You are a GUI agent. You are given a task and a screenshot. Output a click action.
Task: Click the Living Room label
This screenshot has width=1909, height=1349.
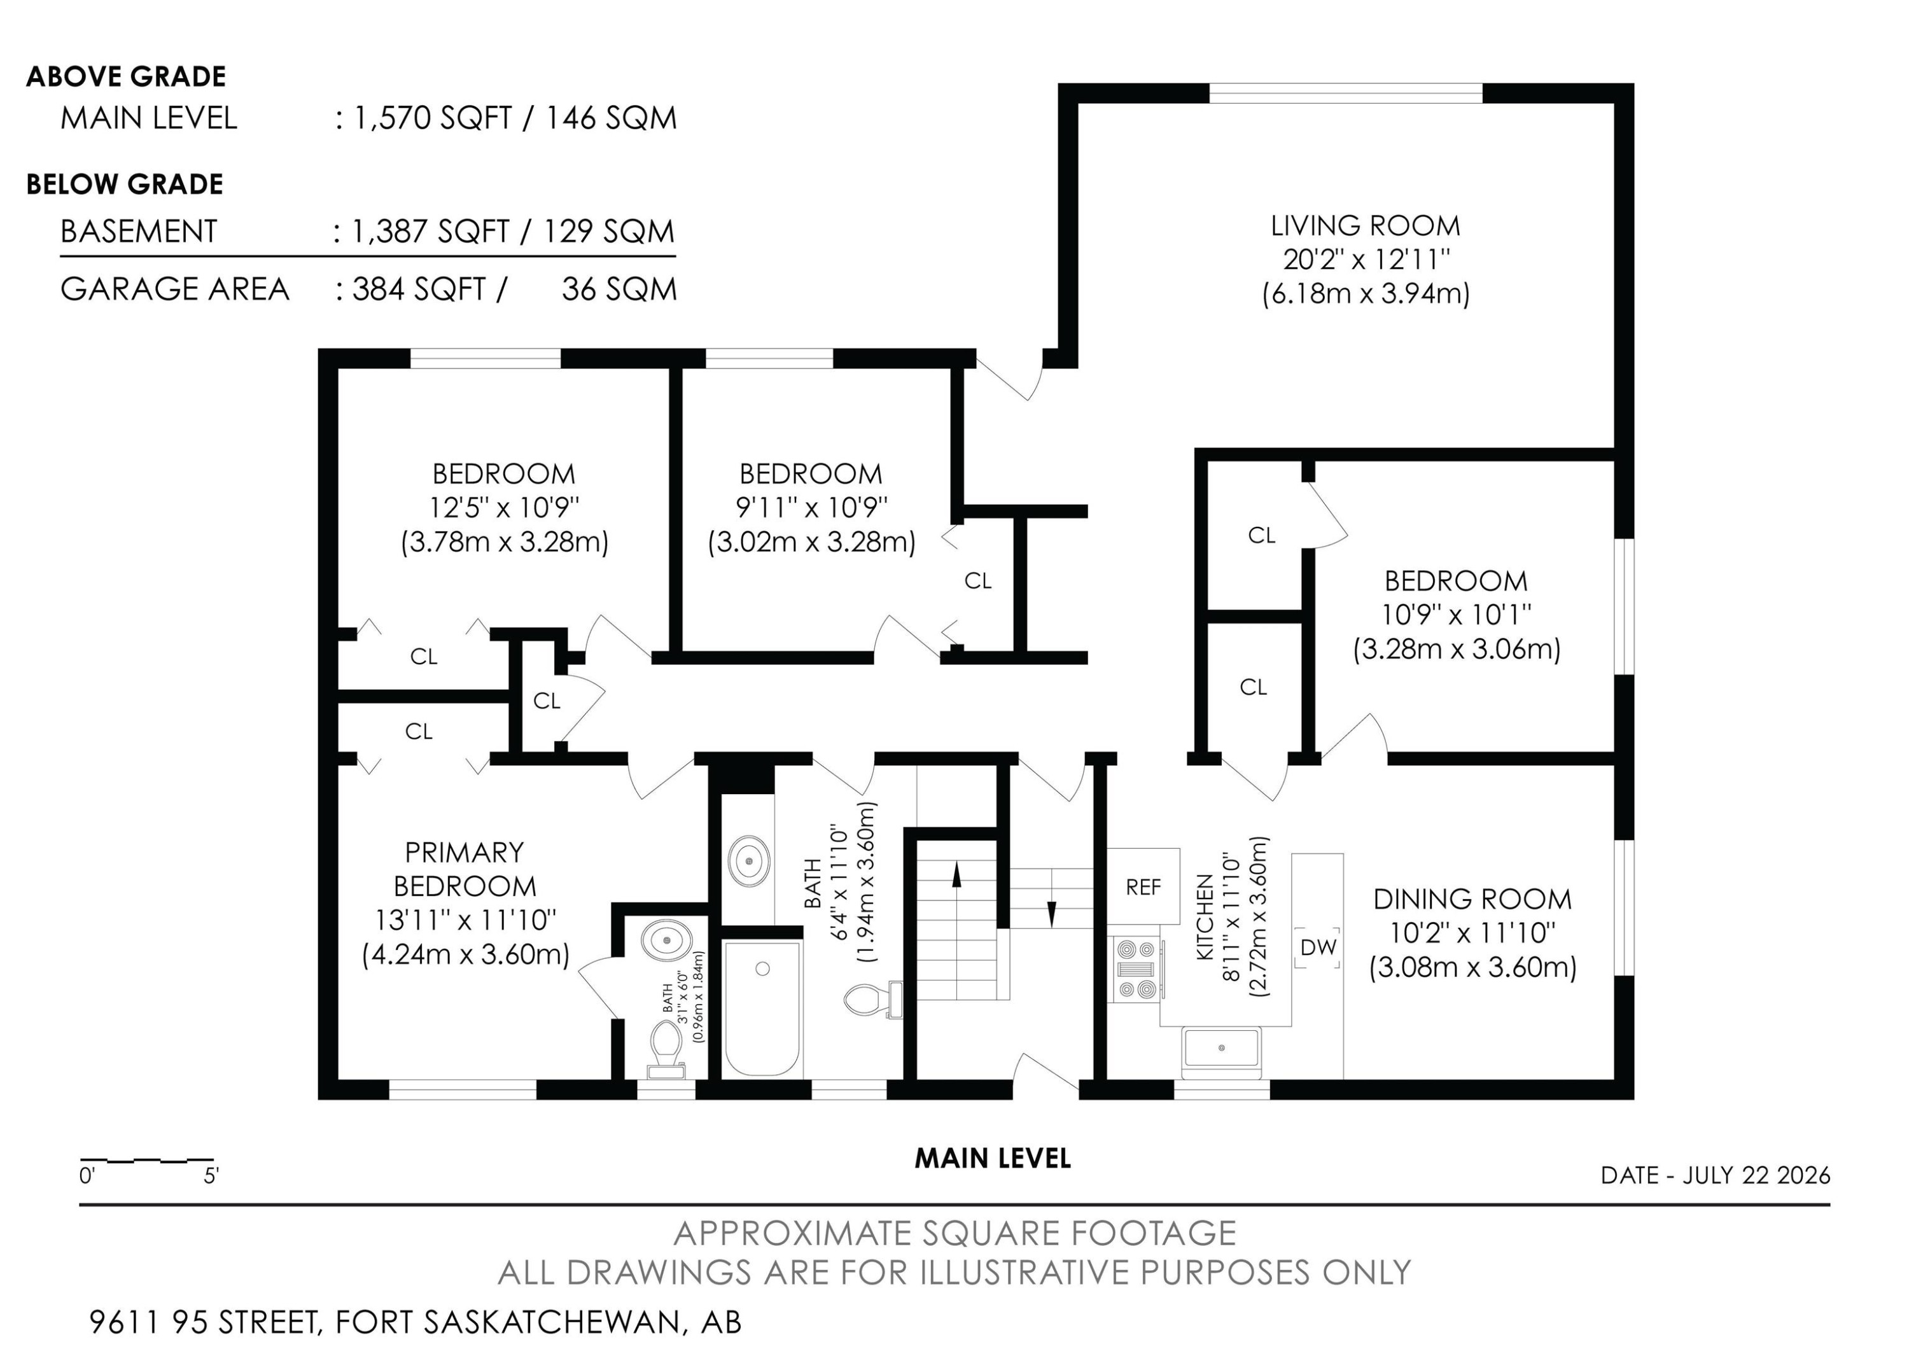(x=1365, y=226)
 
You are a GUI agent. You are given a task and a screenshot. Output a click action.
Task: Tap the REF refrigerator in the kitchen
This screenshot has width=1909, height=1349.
(x=1143, y=887)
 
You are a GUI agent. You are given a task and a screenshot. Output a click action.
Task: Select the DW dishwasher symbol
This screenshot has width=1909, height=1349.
(x=1318, y=947)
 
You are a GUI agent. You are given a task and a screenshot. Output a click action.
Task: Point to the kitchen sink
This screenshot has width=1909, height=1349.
(x=1221, y=1048)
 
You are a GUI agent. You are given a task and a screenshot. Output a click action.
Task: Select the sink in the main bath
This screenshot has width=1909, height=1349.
(x=749, y=858)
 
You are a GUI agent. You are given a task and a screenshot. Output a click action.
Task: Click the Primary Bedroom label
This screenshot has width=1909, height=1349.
(x=465, y=869)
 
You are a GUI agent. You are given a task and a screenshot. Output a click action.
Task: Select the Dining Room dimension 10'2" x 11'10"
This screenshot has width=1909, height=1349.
(x=1472, y=933)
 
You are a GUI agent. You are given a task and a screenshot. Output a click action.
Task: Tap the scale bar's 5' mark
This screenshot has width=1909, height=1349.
(x=211, y=1175)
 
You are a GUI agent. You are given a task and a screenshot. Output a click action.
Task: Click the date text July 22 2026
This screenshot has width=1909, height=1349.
(x=1757, y=1175)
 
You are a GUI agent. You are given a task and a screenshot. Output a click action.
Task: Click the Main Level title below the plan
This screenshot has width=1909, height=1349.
(x=993, y=1158)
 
